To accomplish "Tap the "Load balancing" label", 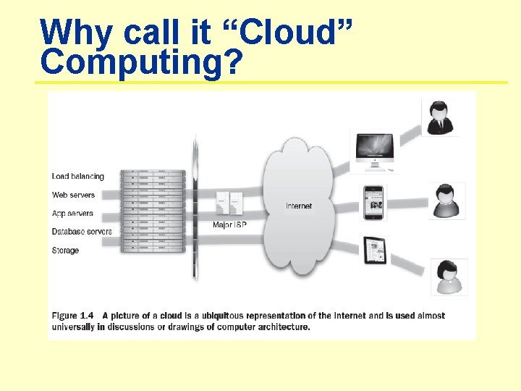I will [78, 176].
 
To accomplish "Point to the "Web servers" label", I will [73, 195].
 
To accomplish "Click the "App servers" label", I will [72, 214].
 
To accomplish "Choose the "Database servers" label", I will [82, 232].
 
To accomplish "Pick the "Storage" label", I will [66, 251].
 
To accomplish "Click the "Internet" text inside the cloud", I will [299, 206].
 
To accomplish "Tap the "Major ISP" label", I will [229, 225].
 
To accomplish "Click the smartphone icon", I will [374, 202].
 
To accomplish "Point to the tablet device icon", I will [375, 251].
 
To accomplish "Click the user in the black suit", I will [439, 118].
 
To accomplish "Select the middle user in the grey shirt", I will [445, 201].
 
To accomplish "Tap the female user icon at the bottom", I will [449, 277].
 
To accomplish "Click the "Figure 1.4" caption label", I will [72, 316].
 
